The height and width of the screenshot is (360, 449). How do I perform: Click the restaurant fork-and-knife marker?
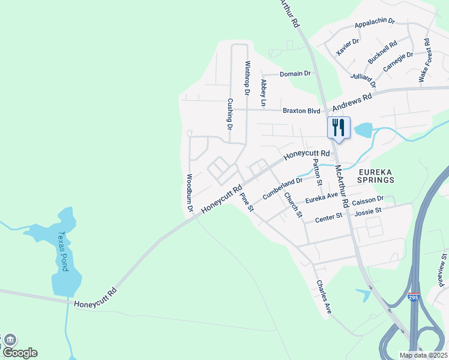point(339,128)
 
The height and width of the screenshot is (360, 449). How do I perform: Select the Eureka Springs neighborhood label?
point(376,175)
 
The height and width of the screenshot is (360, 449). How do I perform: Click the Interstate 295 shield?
point(413,297)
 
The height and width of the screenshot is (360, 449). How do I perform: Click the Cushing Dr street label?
point(229,114)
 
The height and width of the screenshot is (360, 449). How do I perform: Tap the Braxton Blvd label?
point(302,110)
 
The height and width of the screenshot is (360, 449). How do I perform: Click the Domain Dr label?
point(295,74)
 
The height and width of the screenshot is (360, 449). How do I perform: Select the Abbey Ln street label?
point(262,92)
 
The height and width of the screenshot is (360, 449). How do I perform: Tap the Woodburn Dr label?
point(189,193)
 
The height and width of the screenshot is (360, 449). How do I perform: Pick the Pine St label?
point(247,202)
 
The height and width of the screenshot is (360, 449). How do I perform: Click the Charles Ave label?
point(324,297)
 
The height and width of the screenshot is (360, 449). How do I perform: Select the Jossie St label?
point(370,211)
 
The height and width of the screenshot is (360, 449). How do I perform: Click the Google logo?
point(20,353)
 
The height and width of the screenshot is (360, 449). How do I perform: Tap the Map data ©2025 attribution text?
point(423,355)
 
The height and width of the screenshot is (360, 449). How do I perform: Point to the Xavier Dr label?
point(348,46)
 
